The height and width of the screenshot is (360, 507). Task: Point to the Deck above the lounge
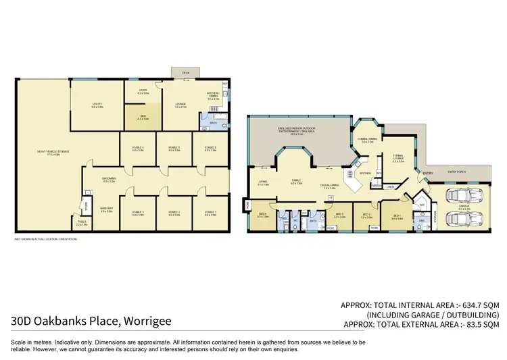(x=181, y=72)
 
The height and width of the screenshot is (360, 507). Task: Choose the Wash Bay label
(x=106, y=211)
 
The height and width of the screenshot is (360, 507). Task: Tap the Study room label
(x=143, y=92)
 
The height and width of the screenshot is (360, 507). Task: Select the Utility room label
(x=97, y=104)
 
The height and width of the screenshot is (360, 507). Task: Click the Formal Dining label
(x=368, y=141)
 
